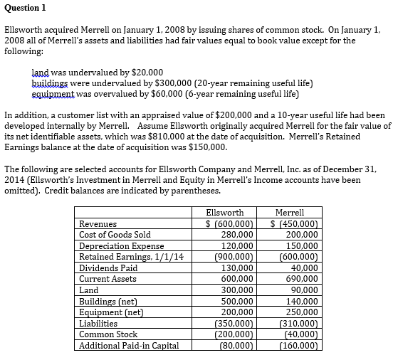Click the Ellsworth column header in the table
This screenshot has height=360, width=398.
click(x=224, y=212)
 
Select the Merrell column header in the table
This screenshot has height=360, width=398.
click(x=289, y=212)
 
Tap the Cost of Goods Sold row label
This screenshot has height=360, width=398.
click(x=115, y=234)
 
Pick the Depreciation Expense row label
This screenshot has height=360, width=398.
click(x=122, y=245)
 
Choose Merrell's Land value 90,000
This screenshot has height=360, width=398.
click(x=303, y=290)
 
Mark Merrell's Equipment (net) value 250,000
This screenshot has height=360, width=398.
click(x=300, y=312)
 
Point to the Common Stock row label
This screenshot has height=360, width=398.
click(x=108, y=334)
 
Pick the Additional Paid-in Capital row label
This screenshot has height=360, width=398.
click(x=129, y=346)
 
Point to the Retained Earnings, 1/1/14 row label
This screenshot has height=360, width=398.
click(x=131, y=256)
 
